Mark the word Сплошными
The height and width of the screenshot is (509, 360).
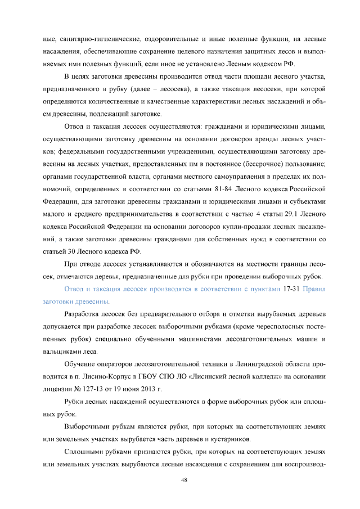click(85, 452)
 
